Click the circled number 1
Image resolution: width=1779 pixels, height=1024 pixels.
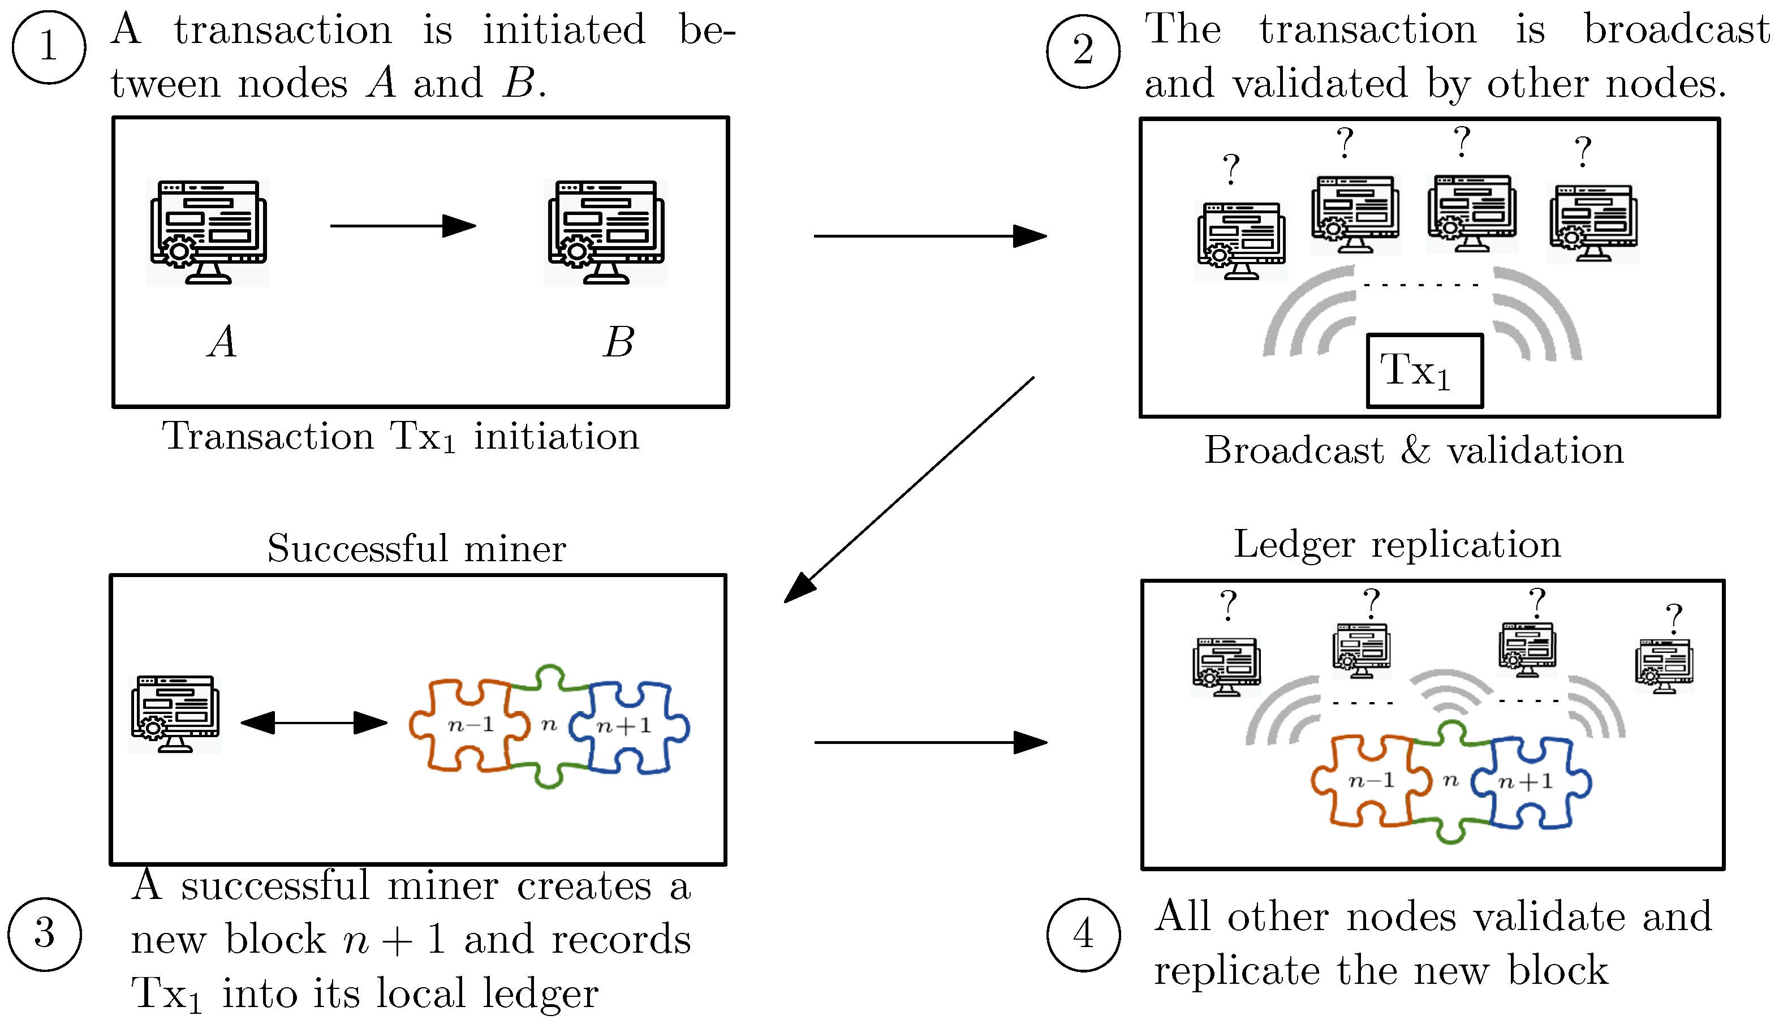49,47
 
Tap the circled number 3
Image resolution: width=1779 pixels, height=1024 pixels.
44,934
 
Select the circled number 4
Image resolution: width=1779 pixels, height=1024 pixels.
1084,934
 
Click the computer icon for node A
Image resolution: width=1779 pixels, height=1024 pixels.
208,232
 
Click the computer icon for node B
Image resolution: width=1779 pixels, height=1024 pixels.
605,232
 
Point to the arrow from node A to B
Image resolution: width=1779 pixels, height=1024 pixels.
403,226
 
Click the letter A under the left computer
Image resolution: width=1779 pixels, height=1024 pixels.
222,342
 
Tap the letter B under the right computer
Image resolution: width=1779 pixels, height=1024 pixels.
618,342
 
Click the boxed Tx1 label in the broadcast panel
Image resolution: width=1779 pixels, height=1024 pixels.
1424,371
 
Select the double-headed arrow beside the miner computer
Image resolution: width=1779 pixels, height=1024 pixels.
313,722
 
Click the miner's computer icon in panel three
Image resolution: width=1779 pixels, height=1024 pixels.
175,714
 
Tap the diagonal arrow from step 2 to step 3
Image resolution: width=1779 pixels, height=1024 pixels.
908,490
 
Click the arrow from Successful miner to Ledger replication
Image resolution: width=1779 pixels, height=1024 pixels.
931,742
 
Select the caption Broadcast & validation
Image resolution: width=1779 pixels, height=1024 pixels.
1414,450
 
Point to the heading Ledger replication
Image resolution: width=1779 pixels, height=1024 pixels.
1397,545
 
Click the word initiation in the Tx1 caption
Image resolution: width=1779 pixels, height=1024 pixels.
556,436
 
